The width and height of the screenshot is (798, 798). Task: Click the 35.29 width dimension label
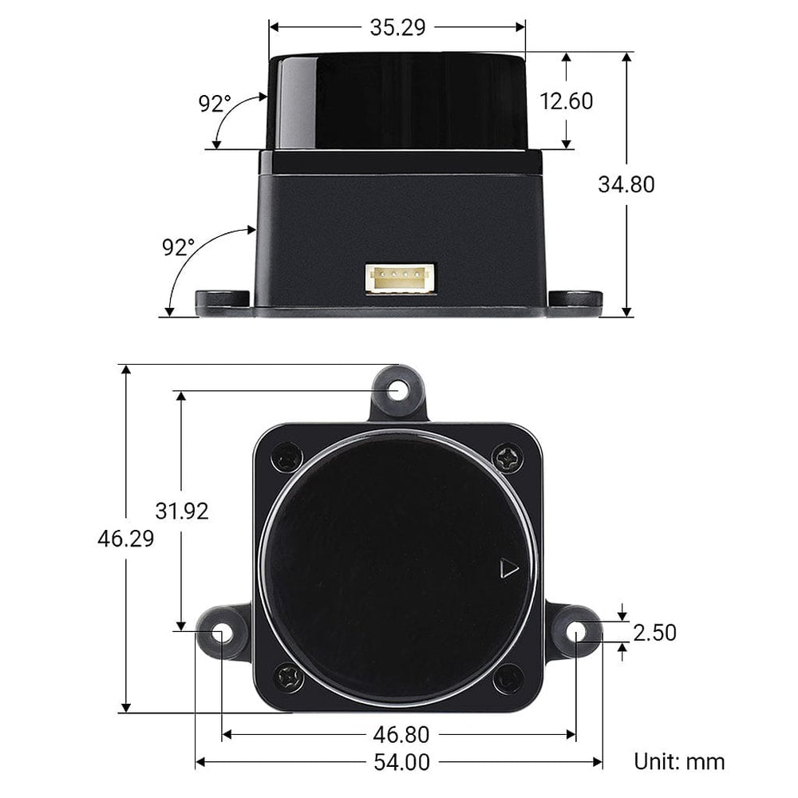(x=397, y=27)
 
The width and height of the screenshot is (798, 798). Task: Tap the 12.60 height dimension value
(x=567, y=101)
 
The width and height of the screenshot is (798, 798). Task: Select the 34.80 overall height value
(x=626, y=184)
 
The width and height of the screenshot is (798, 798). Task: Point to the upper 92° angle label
(x=215, y=104)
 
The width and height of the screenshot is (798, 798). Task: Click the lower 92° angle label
(x=178, y=247)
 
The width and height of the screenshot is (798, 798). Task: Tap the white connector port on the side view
(x=401, y=279)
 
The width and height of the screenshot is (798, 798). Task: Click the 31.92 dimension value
(x=182, y=511)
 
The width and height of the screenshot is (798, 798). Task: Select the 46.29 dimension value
(x=125, y=539)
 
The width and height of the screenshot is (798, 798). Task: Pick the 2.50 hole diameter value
(x=655, y=633)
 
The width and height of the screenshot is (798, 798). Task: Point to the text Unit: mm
(x=679, y=761)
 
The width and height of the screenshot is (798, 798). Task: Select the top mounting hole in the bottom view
(x=399, y=390)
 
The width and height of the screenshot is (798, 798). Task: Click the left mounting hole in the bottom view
(x=222, y=631)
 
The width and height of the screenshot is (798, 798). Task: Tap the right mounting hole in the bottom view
(x=576, y=631)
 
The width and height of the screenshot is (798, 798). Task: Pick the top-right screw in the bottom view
(x=508, y=458)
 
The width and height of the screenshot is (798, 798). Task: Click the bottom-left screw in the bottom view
(x=288, y=678)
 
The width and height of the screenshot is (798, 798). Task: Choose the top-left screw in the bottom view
(x=287, y=458)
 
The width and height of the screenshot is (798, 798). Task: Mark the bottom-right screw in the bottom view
(x=508, y=679)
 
